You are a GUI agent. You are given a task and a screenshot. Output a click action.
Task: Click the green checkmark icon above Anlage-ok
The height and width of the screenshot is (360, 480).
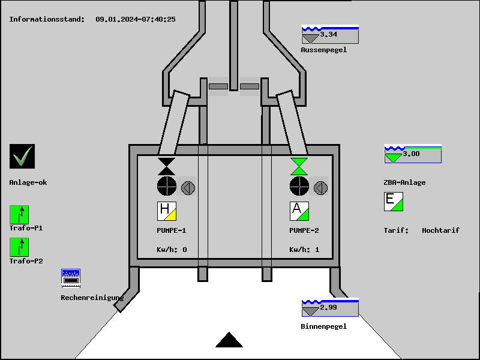point(22,157)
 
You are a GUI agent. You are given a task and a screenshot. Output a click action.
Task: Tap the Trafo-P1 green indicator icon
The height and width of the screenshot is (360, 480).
point(19,214)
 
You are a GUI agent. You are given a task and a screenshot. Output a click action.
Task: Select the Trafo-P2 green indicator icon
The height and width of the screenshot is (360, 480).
point(19,247)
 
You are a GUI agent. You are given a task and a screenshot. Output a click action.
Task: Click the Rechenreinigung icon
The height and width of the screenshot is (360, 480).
point(71,278)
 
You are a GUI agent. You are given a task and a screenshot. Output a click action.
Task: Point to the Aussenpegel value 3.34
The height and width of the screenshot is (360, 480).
point(329,35)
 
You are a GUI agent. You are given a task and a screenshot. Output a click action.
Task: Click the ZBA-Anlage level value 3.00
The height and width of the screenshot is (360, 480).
point(412,154)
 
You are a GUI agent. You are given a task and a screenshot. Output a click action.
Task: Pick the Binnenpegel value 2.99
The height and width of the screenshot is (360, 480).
point(329,308)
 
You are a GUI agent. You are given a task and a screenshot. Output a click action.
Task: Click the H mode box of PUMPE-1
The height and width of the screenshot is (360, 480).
point(167,211)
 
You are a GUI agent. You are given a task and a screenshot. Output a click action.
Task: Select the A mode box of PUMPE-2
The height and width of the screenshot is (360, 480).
point(299,211)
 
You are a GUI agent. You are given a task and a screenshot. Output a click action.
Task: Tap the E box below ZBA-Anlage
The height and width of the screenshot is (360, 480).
point(394,202)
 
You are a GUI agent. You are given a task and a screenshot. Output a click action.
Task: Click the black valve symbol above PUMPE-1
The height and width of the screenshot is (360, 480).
point(167,166)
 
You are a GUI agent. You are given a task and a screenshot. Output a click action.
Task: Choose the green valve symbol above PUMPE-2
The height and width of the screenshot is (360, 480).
point(299,166)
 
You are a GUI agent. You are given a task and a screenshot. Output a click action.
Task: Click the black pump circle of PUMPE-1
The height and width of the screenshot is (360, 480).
point(167,186)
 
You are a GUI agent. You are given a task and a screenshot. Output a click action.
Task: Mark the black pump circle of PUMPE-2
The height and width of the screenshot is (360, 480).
point(299,186)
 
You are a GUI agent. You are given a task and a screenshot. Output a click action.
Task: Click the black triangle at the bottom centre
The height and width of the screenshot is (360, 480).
point(229,340)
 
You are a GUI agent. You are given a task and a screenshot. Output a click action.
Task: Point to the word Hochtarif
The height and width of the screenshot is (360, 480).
point(440,230)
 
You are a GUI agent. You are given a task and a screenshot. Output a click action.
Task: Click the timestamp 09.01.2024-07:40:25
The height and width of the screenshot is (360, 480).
point(136,19)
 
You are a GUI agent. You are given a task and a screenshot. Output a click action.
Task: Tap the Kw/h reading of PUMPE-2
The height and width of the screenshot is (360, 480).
point(305,250)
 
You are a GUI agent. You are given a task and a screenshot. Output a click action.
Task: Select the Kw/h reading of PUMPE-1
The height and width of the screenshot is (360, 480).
point(172,250)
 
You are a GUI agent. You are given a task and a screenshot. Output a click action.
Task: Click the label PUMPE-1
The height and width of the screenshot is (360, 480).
point(172,230)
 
